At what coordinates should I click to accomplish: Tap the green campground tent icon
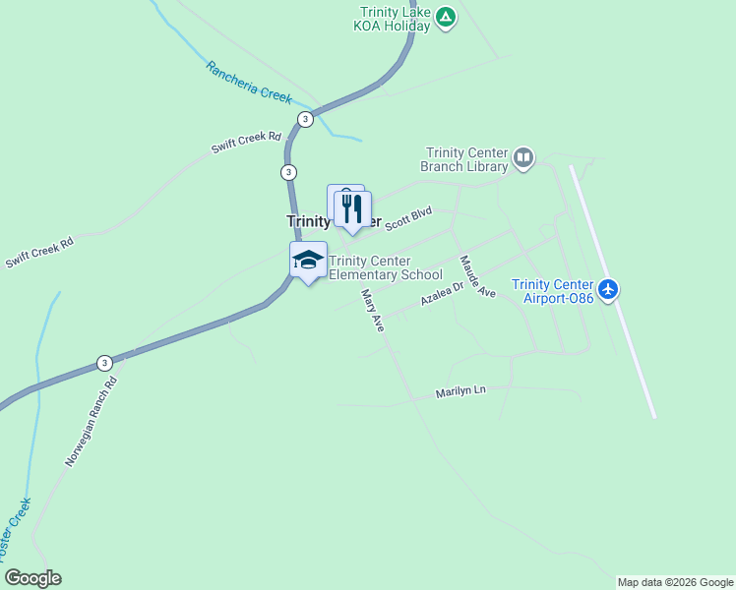point(446,17)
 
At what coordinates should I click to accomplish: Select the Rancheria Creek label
point(250,82)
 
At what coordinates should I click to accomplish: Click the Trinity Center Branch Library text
point(465,159)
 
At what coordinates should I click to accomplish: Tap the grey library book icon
point(523,157)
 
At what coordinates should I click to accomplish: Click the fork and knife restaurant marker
point(351,208)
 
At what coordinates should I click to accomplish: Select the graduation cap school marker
point(308,261)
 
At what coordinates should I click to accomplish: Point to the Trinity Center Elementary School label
point(386,267)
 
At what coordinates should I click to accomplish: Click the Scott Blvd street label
point(408,218)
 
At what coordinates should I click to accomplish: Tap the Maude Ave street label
point(478,277)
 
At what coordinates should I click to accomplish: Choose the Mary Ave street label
point(372,310)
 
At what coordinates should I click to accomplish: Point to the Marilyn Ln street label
point(461,391)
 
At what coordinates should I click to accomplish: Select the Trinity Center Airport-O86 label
point(553,291)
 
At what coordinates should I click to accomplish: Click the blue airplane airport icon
point(609,289)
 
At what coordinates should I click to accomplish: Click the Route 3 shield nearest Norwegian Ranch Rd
point(104,362)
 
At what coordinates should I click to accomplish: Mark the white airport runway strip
point(612,291)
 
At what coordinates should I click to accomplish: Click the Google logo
point(31,578)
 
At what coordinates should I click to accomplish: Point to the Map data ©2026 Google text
point(675,582)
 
